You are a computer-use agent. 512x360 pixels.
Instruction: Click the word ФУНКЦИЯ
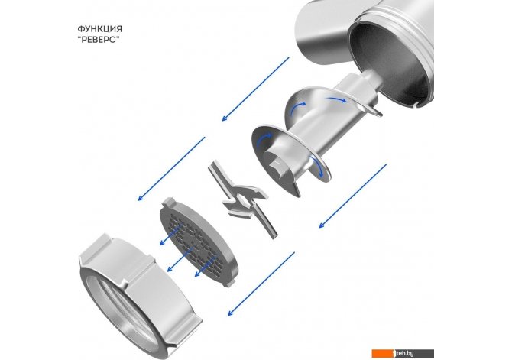click(100, 29)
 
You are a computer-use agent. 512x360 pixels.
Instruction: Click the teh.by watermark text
click(405, 353)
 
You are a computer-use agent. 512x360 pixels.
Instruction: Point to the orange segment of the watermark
click(384, 353)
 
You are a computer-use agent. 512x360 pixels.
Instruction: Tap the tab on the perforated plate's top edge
click(169, 201)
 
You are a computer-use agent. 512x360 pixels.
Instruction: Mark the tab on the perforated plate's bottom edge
click(230, 283)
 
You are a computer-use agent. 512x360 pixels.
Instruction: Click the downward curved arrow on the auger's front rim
click(319, 167)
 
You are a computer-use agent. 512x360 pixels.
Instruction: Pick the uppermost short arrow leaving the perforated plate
click(170, 234)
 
